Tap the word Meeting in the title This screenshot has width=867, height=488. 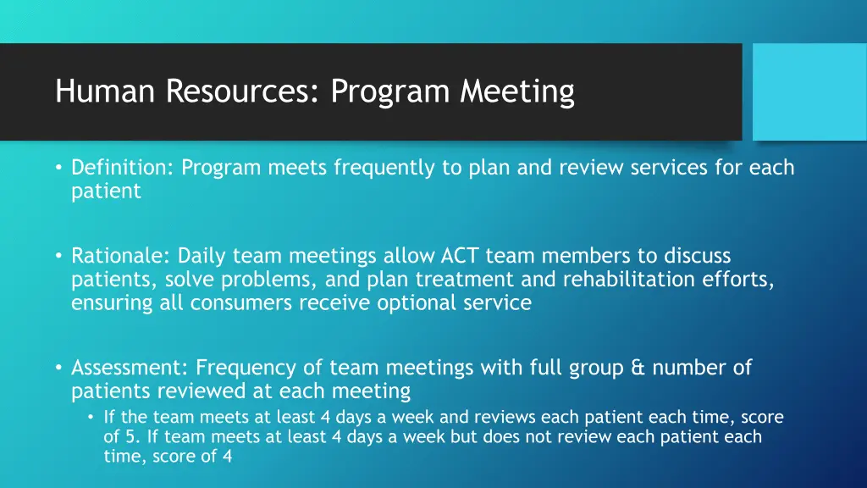pos(517,91)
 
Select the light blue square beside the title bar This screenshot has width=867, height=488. pos(809,91)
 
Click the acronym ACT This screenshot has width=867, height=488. pos(460,256)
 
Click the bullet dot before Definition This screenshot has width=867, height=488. pos(59,168)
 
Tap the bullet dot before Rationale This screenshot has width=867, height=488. pos(59,256)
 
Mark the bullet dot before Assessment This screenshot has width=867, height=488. pos(59,368)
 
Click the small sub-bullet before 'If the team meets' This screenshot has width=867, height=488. pos(91,417)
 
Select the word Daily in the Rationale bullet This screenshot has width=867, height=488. pos(202,256)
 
